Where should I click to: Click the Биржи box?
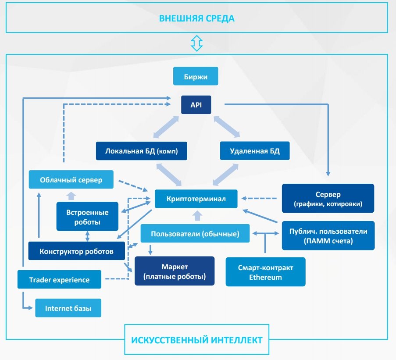pyautogui.click(x=196, y=76)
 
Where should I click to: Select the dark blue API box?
pyautogui.click(x=196, y=105)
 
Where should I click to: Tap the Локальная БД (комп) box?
pyautogui.click(x=142, y=151)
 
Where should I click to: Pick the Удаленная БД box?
pyautogui.click(x=255, y=151)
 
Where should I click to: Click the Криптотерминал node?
pyautogui.click(x=196, y=199)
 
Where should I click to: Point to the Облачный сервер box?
pyautogui.click(x=71, y=180)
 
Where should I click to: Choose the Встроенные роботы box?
pyautogui.click(x=87, y=216)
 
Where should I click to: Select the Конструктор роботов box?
pyautogui.click(x=76, y=251)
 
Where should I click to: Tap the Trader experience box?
pyautogui.click(x=59, y=279)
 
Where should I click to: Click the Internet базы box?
pyautogui.click(x=68, y=308)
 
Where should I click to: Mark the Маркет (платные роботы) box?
pyautogui.click(x=175, y=271)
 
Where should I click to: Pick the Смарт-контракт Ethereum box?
pyautogui.click(x=265, y=272)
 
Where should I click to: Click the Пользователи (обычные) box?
pyautogui.click(x=195, y=234)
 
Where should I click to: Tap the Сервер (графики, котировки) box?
pyautogui.click(x=328, y=199)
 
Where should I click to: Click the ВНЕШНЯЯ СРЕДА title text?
pyautogui.click(x=196, y=18)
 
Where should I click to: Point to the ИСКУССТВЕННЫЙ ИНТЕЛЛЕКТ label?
pyautogui.click(x=196, y=339)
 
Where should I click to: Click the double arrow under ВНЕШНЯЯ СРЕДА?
pyautogui.click(x=196, y=43)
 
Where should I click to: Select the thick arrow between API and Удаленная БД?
pyautogui.click(x=227, y=127)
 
